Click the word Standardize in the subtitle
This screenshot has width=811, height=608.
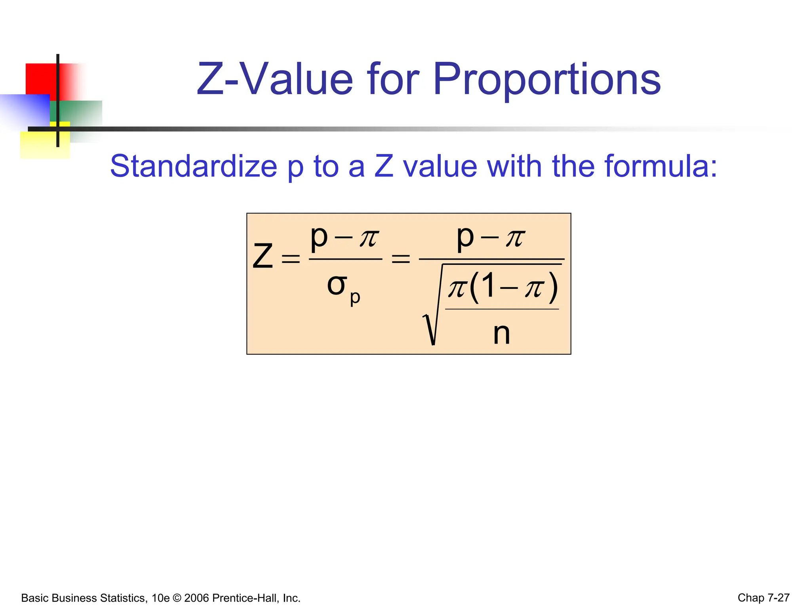click(x=193, y=166)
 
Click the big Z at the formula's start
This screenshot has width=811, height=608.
click(x=263, y=256)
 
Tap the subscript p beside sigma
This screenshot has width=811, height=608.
click(x=355, y=298)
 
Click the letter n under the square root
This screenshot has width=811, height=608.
click(x=501, y=333)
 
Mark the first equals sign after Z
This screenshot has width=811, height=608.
click(x=290, y=259)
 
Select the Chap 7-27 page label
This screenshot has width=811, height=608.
click(x=763, y=598)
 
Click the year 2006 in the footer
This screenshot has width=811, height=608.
click(x=196, y=598)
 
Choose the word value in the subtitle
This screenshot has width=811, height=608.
click(x=440, y=166)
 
